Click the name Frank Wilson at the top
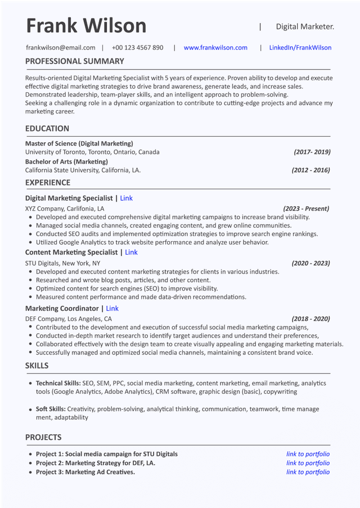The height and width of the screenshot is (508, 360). pyautogui.click(x=86, y=26)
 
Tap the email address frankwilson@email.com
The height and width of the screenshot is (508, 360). pyautogui.click(x=60, y=48)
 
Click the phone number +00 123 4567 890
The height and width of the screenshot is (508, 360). pyautogui.click(x=137, y=48)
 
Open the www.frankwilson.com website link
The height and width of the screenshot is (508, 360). pyautogui.click(x=215, y=48)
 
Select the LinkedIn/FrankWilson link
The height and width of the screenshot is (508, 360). pyautogui.click(x=300, y=48)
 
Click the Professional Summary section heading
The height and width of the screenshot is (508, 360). pyautogui.click(x=75, y=61)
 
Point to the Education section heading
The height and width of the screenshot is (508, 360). pyautogui.click(x=47, y=129)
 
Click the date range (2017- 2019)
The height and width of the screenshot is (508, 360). pyautogui.click(x=312, y=152)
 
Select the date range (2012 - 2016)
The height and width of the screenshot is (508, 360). pyautogui.click(x=310, y=170)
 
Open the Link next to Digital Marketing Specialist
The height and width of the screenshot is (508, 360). pyautogui.click(x=126, y=198)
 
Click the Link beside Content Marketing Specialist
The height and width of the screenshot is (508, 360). pyautogui.click(x=131, y=252)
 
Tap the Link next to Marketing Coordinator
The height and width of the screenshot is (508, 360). pyautogui.click(x=112, y=309)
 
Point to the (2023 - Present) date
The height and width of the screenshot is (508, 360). pyautogui.click(x=306, y=208)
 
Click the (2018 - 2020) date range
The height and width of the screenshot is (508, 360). pyautogui.click(x=310, y=319)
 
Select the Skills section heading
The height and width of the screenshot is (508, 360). pyautogui.click(x=37, y=366)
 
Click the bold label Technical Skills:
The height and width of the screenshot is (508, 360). pyautogui.click(x=58, y=383)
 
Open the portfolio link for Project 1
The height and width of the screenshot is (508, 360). pyautogui.click(x=308, y=454)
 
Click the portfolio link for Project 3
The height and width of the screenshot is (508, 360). pyautogui.click(x=308, y=472)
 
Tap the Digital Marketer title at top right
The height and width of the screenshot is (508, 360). pyautogui.click(x=305, y=26)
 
